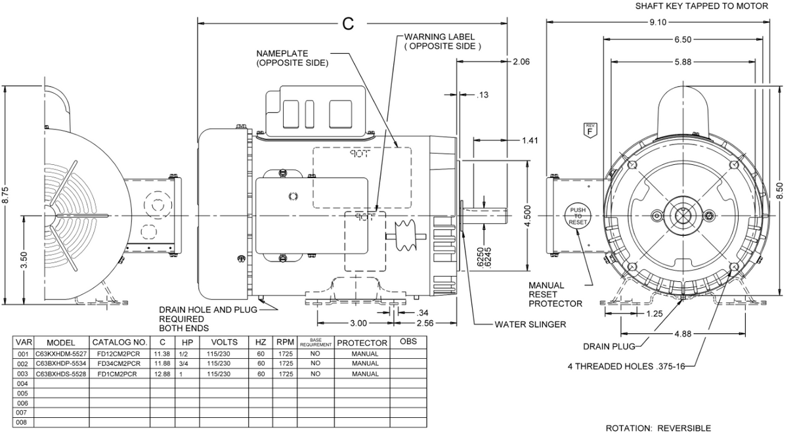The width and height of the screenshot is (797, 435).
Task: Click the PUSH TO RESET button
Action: tap(577, 216)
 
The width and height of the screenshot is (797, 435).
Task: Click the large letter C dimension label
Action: tap(348, 24)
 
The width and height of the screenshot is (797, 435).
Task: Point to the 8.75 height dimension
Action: tap(6, 195)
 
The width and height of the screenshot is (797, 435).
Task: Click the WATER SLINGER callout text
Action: tap(530, 324)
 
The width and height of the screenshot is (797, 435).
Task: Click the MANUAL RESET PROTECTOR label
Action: tap(555, 294)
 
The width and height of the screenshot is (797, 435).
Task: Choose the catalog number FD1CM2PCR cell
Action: tap(119, 373)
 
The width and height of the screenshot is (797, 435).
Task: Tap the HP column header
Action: tap(187, 342)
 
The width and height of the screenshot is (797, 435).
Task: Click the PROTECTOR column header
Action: tap(362, 342)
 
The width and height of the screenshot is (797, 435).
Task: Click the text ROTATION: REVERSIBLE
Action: tap(657, 428)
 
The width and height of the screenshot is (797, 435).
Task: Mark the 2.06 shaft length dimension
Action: tap(521, 62)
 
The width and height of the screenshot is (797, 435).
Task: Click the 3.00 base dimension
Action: tap(358, 323)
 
